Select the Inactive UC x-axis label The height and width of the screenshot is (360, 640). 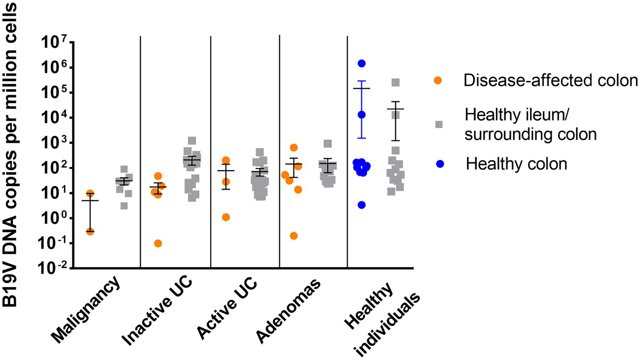[158, 310]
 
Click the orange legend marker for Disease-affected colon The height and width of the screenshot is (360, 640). [438, 81]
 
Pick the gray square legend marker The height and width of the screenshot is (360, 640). [439, 124]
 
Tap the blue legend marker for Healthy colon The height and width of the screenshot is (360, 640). [439, 164]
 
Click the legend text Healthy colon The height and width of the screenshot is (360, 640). [516, 164]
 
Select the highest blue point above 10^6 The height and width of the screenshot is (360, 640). [361, 63]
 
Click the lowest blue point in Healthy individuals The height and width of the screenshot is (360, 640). [361, 205]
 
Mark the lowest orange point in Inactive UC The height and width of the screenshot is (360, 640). [158, 244]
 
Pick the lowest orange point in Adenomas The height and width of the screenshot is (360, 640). [294, 236]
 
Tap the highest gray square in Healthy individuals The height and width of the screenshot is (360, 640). [395, 83]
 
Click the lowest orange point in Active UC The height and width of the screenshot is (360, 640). [226, 217]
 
